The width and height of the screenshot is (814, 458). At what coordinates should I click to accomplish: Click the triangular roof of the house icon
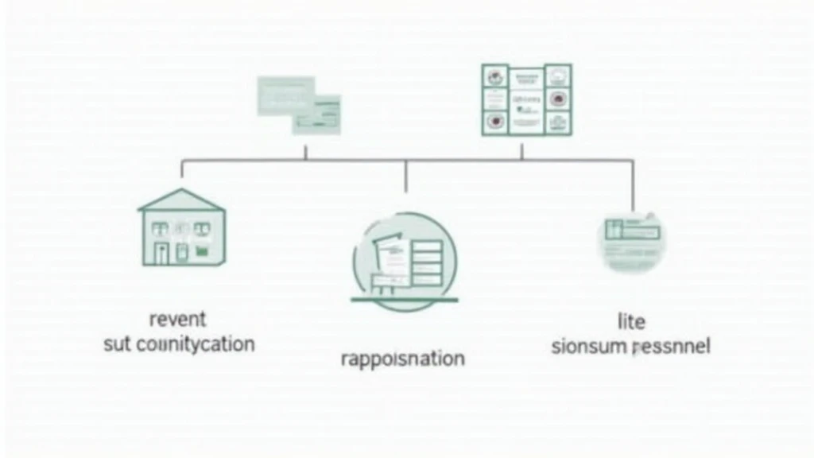[181, 200]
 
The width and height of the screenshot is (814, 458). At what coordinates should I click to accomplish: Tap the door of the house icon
[161, 253]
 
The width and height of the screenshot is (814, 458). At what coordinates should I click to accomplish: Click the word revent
[177, 319]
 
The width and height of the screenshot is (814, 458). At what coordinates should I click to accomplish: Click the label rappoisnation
[402, 359]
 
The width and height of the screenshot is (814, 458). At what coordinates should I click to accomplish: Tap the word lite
[631, 322]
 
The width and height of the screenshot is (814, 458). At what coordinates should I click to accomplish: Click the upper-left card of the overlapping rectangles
[283, 94]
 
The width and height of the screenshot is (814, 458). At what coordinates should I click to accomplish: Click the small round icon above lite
[632, 242]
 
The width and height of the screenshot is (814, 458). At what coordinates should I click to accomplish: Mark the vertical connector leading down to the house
[182, 169]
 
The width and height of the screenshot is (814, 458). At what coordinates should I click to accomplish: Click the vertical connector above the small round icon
[633, 184]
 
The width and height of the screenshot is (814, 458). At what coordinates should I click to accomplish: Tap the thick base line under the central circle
[405, 300]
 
